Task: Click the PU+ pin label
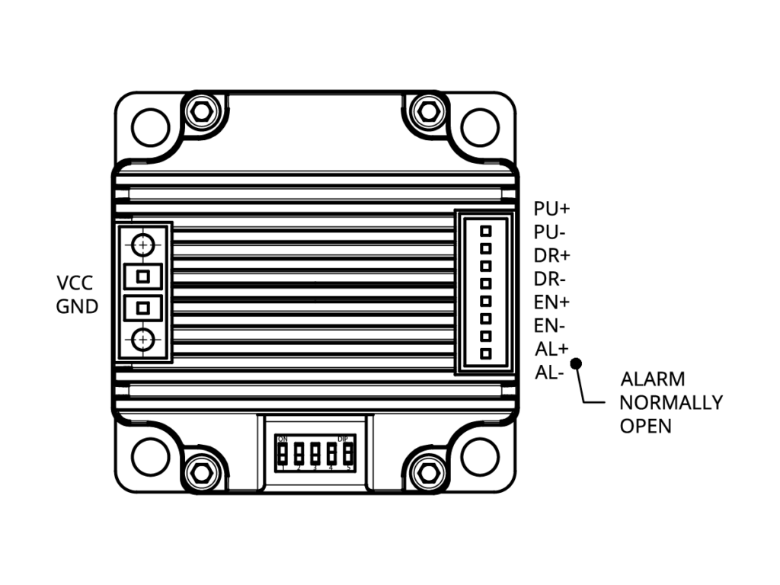point(552,209)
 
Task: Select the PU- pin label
point(550,232)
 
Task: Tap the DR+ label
point(552,255)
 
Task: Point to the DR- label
point(550,279)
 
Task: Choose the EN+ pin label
point(552,302)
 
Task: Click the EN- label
point(550,326)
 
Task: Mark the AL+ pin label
point(552,350)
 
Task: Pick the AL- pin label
point(550,373)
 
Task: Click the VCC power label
point(75,284)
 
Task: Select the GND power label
point(77,308)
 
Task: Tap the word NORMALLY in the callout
point(671,402)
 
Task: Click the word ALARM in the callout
point(653,379)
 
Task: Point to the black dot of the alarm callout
point(576,364)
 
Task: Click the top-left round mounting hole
point(150,126)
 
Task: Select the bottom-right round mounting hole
point(480,456)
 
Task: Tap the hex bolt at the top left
point(201,112)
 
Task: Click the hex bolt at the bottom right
point(428,472)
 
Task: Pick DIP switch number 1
point(282,454)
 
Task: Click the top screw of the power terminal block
point(143,245)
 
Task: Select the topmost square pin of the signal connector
point(485,230)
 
